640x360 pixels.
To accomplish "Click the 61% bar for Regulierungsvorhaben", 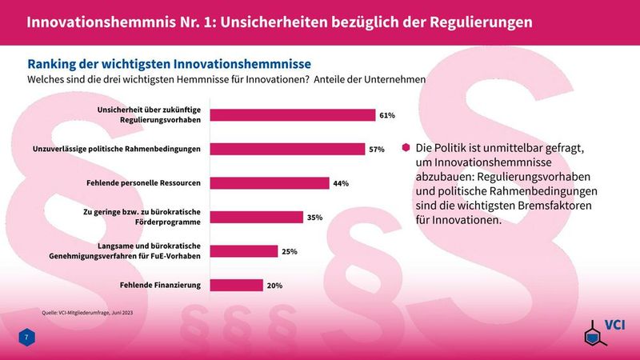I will [292, 115].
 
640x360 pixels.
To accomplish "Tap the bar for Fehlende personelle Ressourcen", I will [269, 183].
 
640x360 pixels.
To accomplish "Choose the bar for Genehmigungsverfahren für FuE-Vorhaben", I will [243, 251].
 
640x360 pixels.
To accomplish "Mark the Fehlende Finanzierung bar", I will [236, 285].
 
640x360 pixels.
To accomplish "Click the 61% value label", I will [388, 115].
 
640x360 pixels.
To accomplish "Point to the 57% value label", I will [377, 149].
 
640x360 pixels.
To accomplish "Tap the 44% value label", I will [341, 183].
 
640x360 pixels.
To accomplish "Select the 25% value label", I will [290, 251].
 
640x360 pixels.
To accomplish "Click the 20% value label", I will [274, 285].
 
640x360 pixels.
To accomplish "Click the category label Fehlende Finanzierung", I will [160, 285].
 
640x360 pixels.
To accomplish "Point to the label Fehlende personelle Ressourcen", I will [143, 183].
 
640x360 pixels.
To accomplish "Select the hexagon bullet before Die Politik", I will [406, 148].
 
